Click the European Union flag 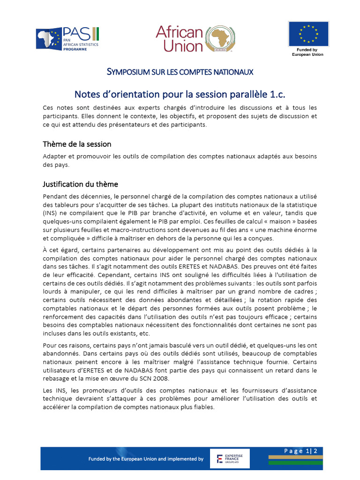click(x=308, y=34)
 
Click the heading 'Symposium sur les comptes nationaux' click(x=180, y=72)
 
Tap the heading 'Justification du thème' click(x=80, y=184)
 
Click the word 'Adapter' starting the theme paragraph click(x=54, y=157)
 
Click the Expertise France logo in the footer click(x=230, y=458)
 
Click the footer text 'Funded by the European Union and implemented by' click(x=146, y=459)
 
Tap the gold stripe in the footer click(x=295, y=457)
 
